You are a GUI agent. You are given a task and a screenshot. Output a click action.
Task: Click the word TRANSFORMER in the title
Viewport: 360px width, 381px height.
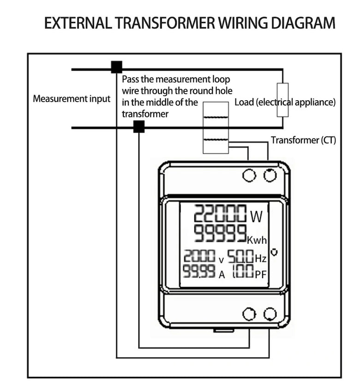(164, 23)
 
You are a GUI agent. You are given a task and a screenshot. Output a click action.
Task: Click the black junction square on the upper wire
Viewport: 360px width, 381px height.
(116, 67)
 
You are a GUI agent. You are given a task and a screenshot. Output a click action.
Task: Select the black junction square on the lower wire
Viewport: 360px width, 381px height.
(138, 127)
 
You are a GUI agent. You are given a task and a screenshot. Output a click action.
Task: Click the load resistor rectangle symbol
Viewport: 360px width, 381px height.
(282, 99)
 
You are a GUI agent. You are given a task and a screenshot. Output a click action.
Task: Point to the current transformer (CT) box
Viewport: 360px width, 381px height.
(216, 127)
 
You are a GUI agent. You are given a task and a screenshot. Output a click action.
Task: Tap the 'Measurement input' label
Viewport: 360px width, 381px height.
(72, 99)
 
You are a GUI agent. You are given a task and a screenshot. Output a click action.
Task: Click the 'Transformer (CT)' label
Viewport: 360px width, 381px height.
(303, 140)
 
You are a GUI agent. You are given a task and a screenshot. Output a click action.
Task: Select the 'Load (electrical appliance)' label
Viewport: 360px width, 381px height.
(285, 102)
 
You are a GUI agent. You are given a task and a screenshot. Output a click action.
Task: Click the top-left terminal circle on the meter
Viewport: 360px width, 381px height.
(249, 175)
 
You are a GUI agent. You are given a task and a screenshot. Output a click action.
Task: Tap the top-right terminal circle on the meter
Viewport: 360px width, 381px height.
(270, 175)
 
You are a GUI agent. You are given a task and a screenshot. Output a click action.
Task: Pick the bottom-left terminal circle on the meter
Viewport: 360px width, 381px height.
(249, 314)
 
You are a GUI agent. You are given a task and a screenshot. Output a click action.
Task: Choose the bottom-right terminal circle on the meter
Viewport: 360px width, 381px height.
(270, 314)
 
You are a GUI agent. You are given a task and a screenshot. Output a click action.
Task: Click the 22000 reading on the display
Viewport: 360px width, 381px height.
(219, 215)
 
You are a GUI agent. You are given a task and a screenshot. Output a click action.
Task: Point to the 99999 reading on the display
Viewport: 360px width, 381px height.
(219, 234)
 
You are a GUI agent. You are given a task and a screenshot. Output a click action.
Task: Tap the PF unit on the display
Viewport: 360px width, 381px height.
(261, 274)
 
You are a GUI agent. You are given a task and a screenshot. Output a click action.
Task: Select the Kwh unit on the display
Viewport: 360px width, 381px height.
(257, 240)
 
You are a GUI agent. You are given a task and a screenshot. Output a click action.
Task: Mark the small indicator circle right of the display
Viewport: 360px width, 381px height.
(274, 252)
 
